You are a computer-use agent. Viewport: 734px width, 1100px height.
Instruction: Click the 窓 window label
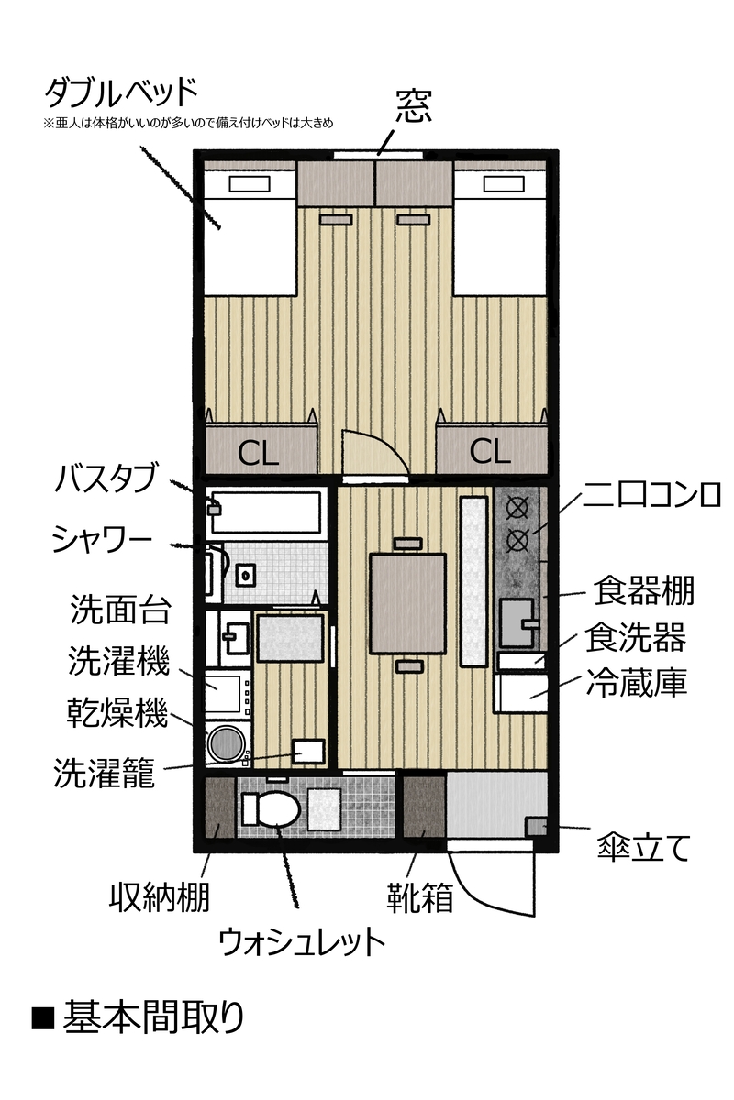click(x=414, y=106)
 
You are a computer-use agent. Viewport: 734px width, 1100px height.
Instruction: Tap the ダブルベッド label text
click(x=121, y=93)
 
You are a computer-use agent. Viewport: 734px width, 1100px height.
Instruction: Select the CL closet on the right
click(x=492, y=450)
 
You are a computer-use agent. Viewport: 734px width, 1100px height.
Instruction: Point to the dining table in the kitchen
click(x=407, y=603)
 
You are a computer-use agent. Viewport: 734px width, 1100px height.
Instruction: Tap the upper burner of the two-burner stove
click(x=517, y=507)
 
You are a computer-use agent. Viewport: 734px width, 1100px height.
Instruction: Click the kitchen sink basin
click(x=517, y=622)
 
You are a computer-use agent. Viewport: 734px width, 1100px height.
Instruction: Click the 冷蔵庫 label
click(x=636, y=682)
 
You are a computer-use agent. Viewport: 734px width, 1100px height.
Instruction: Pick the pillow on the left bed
click(x=250, y=184)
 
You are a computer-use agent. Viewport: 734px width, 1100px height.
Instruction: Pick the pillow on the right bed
click(x=504, y=184)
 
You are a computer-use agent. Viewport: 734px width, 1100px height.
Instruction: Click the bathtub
click(x=266, y=512)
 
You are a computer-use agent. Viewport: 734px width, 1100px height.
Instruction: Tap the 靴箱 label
click(x=420, y=897)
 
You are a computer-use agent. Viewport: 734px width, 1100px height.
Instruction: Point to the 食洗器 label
click(x=635, y=637)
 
